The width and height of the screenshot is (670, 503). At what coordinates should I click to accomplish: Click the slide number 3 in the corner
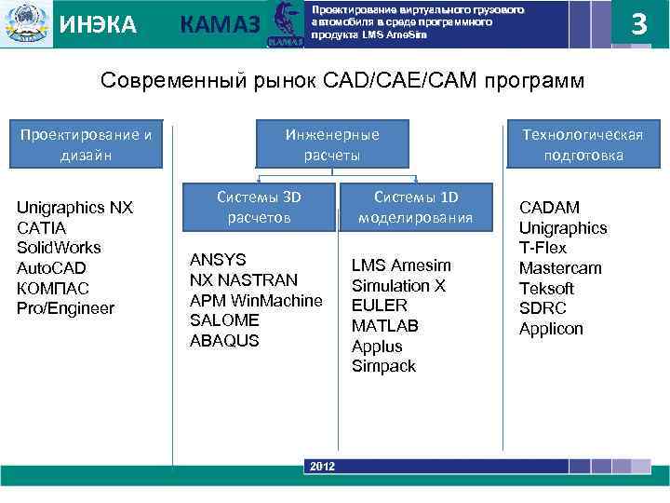click(x=638, y=23)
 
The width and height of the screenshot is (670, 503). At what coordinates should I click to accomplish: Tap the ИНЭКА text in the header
click(x=98, y=24)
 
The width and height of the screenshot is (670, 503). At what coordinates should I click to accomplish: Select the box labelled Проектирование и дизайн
click(x=86, y=144)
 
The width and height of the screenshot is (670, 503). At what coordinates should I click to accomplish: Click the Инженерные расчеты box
click(x=333, y=144)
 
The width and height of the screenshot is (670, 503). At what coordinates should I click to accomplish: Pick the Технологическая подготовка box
click(x=584, y=144)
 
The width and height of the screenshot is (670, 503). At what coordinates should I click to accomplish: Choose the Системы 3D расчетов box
click(x=259, y=207)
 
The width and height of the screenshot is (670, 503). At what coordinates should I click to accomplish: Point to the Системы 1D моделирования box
click(x=416, y=207)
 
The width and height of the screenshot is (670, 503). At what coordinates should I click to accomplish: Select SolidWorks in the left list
click(x=59, y=248)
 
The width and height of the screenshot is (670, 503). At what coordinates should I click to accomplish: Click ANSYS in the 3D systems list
click(x=218, y=259)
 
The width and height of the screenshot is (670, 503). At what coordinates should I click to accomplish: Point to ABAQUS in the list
click(x=224, y=340)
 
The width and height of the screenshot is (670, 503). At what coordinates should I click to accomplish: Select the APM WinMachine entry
click(x=256, y=300)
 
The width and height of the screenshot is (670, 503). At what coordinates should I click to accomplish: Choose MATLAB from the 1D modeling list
click(x=384, y=326)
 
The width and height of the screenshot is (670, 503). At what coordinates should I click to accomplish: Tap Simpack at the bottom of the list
click(x=383, y=366)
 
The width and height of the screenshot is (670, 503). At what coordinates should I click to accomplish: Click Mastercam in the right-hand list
click(x=560, y=268)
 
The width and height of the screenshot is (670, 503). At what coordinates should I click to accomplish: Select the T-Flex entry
click(x=543, y=248)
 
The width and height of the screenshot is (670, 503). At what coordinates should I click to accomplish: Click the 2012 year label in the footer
click(x=322, y=466)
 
